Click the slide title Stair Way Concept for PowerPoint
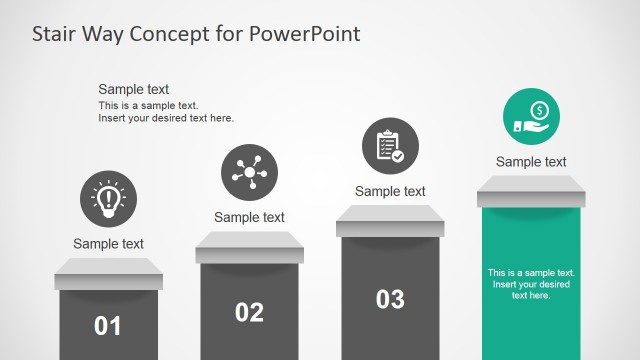click(196, 34)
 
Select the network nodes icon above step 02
click(249, 172)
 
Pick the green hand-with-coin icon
click(531, 117)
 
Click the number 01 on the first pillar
click(108, 325)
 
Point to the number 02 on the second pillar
click(249, 312)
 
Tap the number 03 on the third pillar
click(390, 298)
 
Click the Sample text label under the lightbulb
click(108, 243)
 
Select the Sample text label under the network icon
click(249, 217)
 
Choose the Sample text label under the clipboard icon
click(390, 191)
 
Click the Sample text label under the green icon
click(531, 162)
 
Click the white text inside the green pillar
click(531, 283)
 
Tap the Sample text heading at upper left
click(134, 89)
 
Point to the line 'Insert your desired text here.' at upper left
click(166, 118)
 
